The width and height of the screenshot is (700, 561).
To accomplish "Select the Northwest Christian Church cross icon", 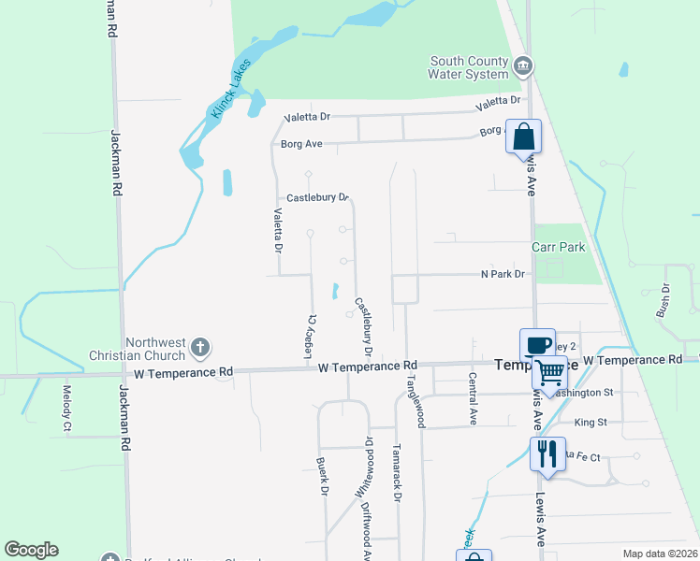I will (x=199, y=348).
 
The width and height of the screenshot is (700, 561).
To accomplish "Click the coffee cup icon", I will (x=538, y=345).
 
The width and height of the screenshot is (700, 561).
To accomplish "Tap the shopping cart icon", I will (x=549, y=372).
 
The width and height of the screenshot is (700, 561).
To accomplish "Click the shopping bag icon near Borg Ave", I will (x=523, y=137).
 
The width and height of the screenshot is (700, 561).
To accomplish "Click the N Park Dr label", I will (x=503, y=274).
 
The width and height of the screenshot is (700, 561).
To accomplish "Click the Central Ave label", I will (x=474, y=396).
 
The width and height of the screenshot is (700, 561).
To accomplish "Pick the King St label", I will (x=591, y=423).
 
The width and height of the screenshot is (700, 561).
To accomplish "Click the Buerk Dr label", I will (x=321, y=476).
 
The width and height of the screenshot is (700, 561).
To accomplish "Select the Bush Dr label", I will (x=666, y=300).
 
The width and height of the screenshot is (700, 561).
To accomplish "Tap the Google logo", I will (x=31, y=550).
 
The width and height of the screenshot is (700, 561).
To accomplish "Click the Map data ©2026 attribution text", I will (x=659, y=554).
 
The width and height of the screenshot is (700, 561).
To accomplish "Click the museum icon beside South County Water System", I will (x=524, y=65).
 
